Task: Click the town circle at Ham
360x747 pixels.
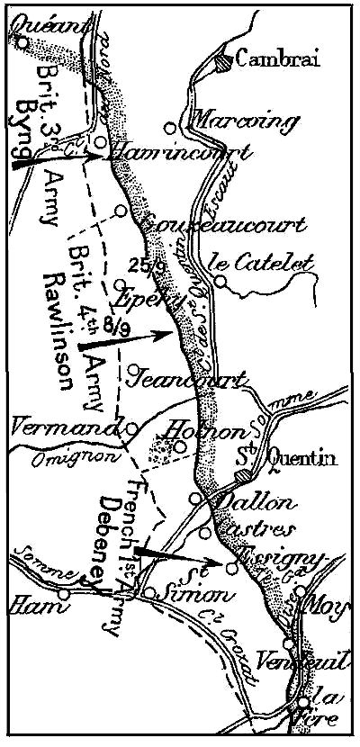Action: [63, 594]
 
